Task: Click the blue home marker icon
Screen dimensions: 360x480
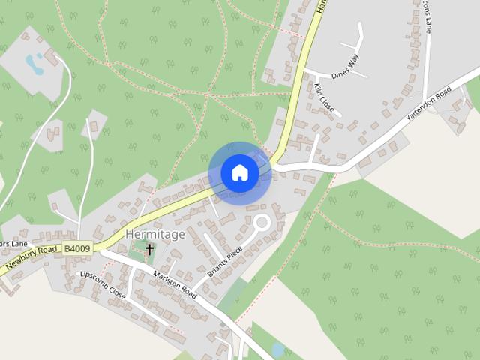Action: tap(240, 173)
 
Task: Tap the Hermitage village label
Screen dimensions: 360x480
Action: tap(155, 234)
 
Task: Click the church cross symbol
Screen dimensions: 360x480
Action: tap(149, 249)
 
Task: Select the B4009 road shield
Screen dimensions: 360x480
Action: tap(77, 248)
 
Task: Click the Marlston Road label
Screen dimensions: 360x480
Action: tap(175, 284)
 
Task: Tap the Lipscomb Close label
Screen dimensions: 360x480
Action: tap(104, 286)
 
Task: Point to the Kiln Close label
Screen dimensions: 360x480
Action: tap(325, 98)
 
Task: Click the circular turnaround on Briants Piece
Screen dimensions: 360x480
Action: tap(262, 222)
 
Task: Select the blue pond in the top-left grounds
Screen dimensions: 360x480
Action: tap(34, 61)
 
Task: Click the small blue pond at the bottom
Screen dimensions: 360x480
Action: tap(278, 349)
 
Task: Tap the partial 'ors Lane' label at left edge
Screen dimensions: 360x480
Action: tap(13, 243)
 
